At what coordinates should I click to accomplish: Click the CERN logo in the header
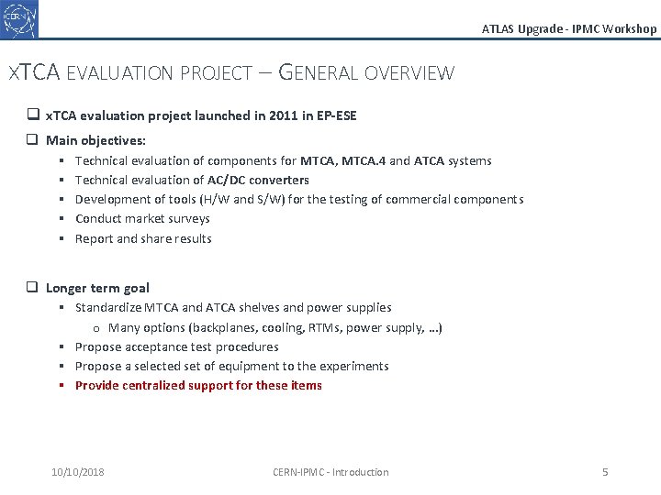tap(19, 19)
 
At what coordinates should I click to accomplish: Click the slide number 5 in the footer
tap(605, 472)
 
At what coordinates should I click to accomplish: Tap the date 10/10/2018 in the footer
tap(78, 472)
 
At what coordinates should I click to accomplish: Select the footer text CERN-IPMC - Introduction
tap(330, 472)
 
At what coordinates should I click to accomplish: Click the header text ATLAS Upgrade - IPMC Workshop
tap(569, 28)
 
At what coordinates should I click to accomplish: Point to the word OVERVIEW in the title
tap(409, 72)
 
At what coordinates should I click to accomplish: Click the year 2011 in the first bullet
tap(265, 115)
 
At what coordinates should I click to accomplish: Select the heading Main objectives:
tap(95, 140)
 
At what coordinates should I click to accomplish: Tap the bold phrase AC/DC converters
tap(258, 180)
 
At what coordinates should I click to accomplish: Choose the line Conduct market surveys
tap(142, 218)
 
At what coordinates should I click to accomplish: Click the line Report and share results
tap(143, 238)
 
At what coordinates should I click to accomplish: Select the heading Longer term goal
tap(97, 288)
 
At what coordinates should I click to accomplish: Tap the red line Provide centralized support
tap(198, 385)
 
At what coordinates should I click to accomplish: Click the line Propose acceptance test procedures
tap(176, 346)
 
